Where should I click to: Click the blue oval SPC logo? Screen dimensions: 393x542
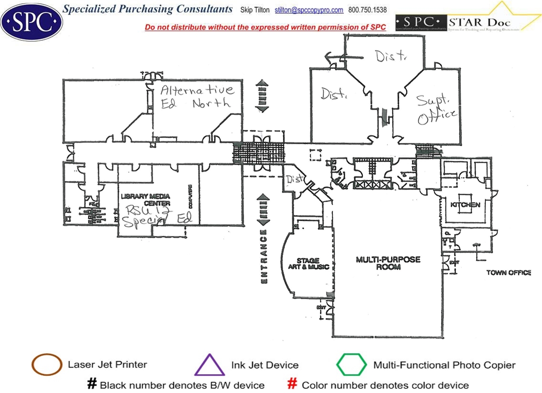coord(32,21)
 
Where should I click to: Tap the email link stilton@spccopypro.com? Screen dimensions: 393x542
coord(309,10)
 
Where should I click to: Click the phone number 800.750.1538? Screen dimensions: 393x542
coord(367,10)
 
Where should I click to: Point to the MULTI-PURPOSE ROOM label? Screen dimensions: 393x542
coord(388,263)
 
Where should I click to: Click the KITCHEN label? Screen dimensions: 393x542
coord(465,205)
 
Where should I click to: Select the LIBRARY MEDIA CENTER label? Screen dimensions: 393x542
coord(145,200)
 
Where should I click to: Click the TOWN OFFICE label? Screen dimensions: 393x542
coord(508,272)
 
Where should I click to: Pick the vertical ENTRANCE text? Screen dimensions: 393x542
coord(264,256)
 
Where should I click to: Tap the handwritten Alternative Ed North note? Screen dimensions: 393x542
coord(197,96)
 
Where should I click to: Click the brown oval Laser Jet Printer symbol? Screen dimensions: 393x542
coord(47,365)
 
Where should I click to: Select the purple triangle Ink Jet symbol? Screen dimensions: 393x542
coord(210,365)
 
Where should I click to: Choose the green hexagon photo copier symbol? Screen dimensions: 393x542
coord(351,365)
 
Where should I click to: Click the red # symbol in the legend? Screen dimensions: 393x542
coord(293,384)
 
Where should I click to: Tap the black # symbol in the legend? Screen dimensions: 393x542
coord(92,384)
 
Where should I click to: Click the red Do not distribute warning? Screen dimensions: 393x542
coord(265,28)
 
